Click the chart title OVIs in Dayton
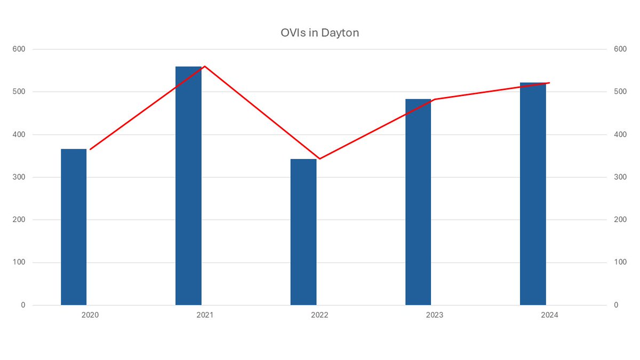click(319, 33)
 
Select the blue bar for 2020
click(74, 227)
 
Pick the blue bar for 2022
click(303, 232)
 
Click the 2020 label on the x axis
click(90, 315)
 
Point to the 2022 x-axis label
click(319, 315)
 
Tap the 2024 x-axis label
click(549, 315)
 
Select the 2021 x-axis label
click(205, 315)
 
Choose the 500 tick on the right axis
click(619, 92)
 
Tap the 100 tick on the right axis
click(619, 262)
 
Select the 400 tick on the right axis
click(619, 134)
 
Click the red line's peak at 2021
click(205, 66)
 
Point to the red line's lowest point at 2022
click(319, 159)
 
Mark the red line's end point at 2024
click(549, 83)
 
